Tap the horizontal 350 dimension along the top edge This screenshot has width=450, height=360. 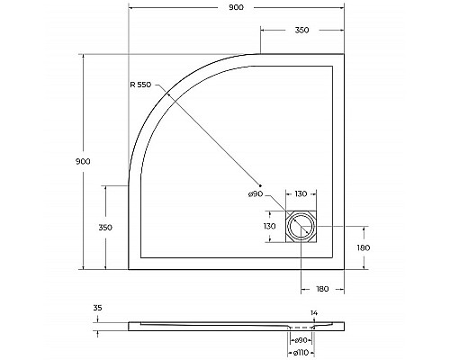coord(301,31)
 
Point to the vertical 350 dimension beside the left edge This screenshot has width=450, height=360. coord(105,228)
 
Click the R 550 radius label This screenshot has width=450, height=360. coord(139,84)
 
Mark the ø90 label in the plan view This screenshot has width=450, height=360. coord(256,195)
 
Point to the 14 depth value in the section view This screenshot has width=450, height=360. coord(313,312)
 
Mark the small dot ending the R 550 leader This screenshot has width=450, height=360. coord(259,185)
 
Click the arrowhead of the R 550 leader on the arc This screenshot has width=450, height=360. coord(167,93)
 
